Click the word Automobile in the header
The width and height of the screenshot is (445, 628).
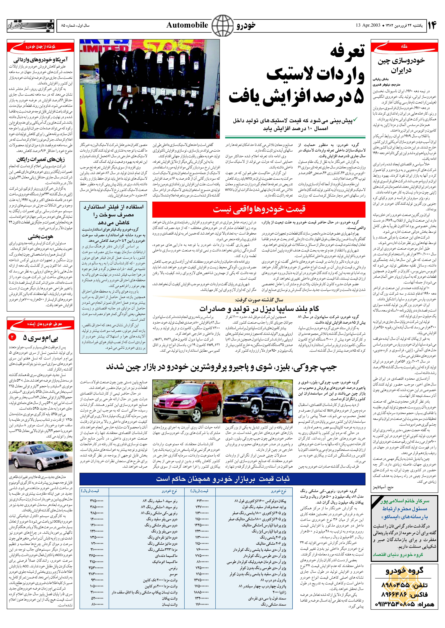tap(187, 25)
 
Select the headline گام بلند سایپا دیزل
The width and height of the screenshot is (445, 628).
tap(259, 309)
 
